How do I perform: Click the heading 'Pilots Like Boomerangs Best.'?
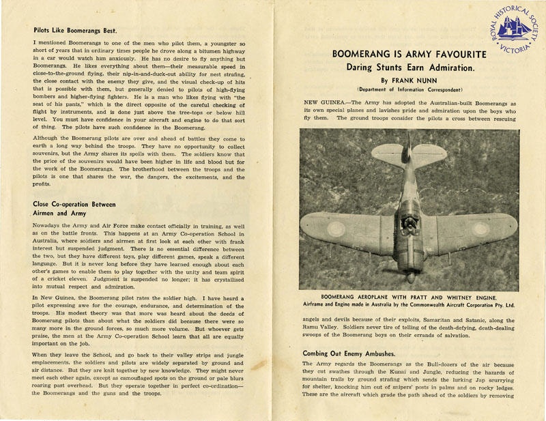pyautogui.click(x=75, y=30)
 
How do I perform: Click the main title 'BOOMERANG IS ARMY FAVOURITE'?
pyautogui.click(x=409, y=54)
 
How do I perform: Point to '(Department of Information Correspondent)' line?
pyautogui.click(x=409, y=89)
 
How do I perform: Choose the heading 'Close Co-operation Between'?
pyautogui.click(x=74, y=204)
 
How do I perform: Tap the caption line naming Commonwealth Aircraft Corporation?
pyautogui.click(x=409, y=306)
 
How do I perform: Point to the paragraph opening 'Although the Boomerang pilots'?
pyautogui.click(x=82, y=139)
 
